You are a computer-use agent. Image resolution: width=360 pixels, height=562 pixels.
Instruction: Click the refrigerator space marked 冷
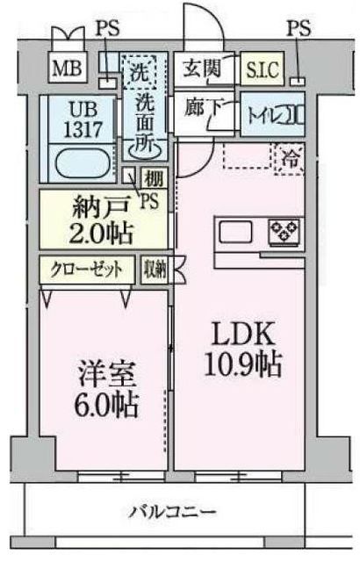click(x=288, y=158)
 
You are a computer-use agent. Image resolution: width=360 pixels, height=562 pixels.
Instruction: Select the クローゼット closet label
click(x=87, y=269)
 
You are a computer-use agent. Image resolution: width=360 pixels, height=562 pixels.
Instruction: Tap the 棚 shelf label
click(x=153, y=180)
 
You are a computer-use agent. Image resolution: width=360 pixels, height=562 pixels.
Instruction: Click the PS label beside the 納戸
click(x=148, y=201)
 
